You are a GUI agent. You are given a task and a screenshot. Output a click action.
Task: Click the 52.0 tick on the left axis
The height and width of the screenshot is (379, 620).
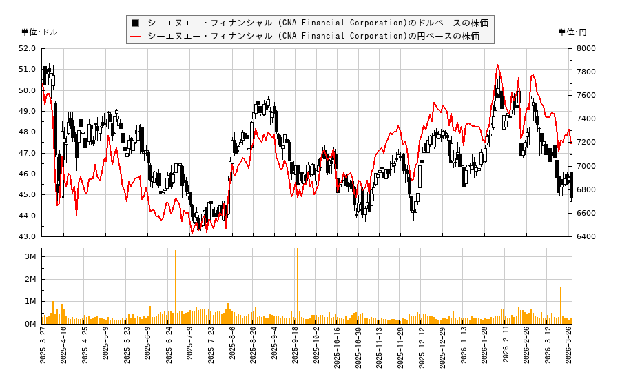tap(28, 48)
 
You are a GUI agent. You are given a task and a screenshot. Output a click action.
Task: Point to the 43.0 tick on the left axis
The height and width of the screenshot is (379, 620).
tap(28, 236)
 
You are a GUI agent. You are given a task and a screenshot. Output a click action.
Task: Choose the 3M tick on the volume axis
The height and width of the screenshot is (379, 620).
tap(30, 256)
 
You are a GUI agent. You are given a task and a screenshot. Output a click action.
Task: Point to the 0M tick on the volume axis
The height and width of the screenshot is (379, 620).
tap(30, 324)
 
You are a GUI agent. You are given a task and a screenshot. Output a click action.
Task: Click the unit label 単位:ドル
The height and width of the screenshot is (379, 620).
tap(39, 32)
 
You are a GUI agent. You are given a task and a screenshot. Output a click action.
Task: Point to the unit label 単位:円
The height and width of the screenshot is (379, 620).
tap(572, 32)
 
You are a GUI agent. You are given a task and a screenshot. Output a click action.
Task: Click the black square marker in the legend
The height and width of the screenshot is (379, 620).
tap(136, 23)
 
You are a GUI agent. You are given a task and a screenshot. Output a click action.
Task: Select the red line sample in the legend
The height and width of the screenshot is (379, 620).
tap(136, 36)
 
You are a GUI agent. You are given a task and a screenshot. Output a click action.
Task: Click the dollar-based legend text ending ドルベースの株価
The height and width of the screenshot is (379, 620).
tap(318, 23)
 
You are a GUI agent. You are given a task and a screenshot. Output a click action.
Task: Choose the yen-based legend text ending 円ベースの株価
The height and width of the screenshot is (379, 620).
tap(313, 36)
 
